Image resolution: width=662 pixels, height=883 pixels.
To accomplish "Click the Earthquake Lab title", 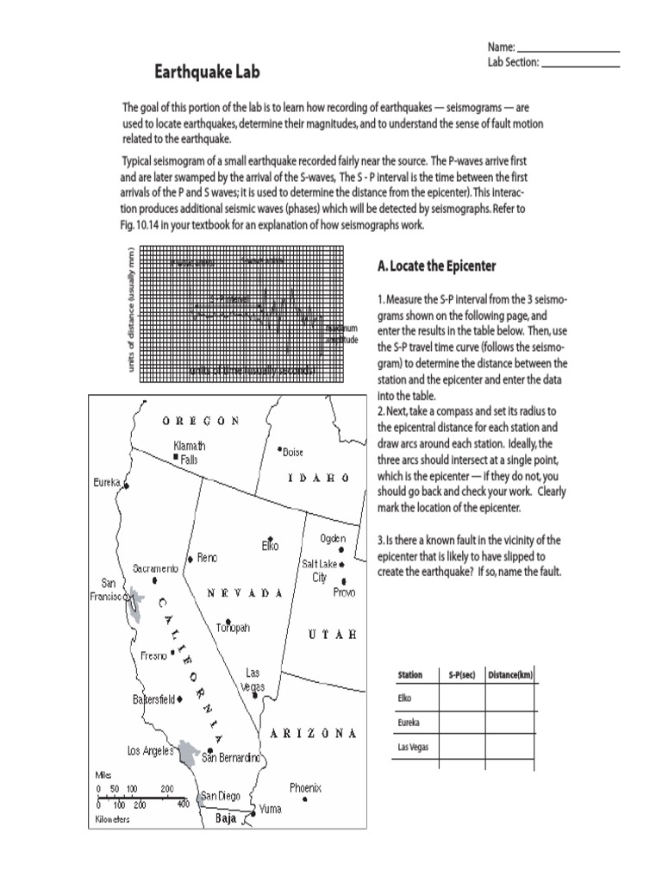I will click(x=207, y=72).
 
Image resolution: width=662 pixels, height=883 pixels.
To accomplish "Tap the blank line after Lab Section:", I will click(x=580, y=64).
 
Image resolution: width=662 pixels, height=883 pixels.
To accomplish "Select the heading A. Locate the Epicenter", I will click(x=436, y=266).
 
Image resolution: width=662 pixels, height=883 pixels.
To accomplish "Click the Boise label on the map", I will click(x=293, y=452).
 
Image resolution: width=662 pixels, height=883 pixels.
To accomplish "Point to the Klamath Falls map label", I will click(x=189, y=452).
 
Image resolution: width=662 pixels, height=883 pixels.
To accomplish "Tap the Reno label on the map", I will click(x=207, y=558).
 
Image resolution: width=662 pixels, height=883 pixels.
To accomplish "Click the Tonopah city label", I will click(x=232, y=629).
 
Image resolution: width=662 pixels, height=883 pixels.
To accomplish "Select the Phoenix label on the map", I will click(x=305, y=787).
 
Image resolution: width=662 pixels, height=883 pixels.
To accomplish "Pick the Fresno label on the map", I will click(x=153, y=656).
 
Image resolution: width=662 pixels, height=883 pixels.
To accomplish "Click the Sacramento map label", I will click(x=156, y=569).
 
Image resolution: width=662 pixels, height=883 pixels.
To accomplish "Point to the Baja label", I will click(x=226, y=820).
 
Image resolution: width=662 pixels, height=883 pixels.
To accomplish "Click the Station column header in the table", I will click(x=409, y=674).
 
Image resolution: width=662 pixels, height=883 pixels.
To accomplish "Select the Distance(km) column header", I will click(x=509, y=674).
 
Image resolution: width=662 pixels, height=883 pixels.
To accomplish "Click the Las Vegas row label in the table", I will click(x=412, y=747).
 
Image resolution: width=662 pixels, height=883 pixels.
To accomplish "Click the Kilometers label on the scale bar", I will click(x=112, y=819).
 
